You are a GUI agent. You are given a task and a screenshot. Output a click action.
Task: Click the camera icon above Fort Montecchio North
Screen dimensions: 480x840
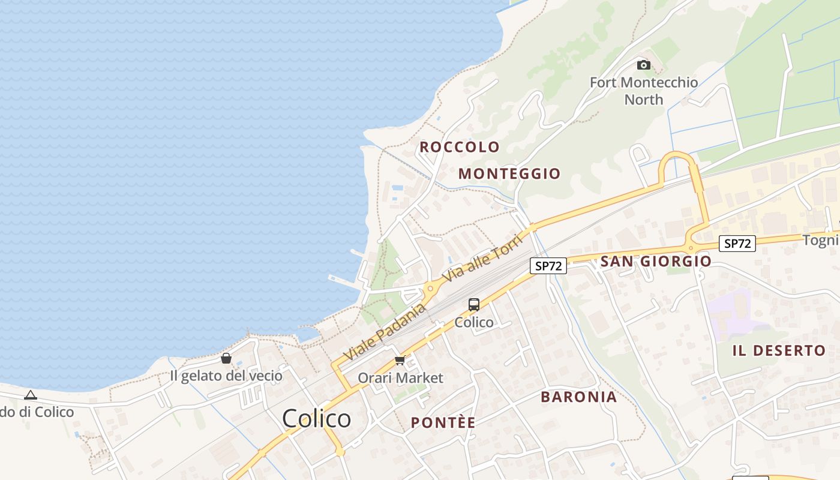tap(644, 65)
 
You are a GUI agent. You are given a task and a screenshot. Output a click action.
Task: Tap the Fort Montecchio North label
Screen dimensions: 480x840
tap(644, 91)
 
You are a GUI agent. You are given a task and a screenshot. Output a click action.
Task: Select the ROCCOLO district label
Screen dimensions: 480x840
tap(460, 147)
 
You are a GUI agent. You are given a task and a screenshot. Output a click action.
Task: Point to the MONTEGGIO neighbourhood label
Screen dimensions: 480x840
tap(509, 174)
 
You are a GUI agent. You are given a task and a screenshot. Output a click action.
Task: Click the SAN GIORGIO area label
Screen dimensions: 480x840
tap(656, 261)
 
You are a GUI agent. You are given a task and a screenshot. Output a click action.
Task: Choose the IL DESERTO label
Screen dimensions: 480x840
tap(779, 351)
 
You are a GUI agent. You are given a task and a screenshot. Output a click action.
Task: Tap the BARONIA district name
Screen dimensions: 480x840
tap(578, 397)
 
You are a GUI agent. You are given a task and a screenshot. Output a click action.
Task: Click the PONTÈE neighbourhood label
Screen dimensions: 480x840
tap(443, 423)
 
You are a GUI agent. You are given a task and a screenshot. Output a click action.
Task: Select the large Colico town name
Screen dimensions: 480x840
tap(316, 418)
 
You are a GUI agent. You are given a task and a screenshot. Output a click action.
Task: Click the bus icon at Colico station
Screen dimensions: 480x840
tap(474, 305)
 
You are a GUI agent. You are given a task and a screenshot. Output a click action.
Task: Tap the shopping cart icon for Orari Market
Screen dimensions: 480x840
tap(400, 361)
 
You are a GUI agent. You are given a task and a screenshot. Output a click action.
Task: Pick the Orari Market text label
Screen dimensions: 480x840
tap(400, 378)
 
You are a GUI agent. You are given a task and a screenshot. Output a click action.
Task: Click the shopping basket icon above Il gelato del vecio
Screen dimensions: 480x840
tap(226, 358)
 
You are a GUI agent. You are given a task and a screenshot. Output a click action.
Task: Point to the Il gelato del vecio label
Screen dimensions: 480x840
tap(226, 376)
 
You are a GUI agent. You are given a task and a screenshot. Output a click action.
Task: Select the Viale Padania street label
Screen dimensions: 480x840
tap(385, 332)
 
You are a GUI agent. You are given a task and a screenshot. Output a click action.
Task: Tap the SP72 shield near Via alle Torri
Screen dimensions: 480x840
tap(548, 265)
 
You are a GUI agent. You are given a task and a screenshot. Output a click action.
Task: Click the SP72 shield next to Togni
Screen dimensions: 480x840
tap(737, 243)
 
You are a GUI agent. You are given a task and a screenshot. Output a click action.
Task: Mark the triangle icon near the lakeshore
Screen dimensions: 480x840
tap(31, 395)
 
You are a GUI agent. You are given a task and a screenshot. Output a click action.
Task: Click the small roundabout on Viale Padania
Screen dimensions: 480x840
tap(430, 289)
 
